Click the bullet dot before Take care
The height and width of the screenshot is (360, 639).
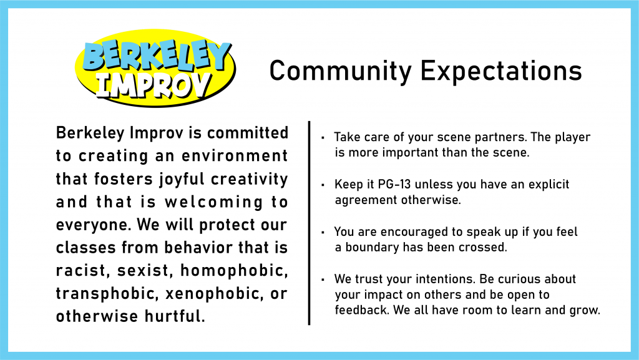(x=323, y=137)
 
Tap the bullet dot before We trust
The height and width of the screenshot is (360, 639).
(x=323, y=280)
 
